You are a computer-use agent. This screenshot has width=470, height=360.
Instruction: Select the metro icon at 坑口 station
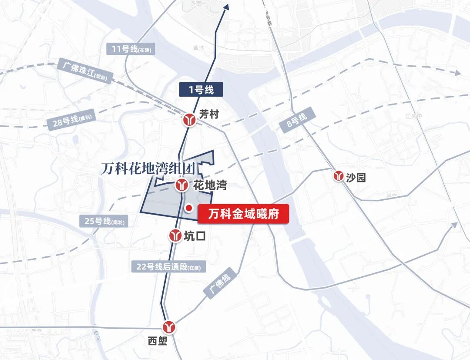click(175, 236)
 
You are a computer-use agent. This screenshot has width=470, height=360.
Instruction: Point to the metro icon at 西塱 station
click(169, 326)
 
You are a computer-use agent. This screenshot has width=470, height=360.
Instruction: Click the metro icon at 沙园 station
click(339, 176)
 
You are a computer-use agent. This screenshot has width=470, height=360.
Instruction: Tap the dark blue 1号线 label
click(201, 90)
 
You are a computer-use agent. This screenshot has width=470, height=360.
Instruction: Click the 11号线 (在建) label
click(130, 49)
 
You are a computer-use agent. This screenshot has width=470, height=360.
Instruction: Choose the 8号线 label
click(296, 118)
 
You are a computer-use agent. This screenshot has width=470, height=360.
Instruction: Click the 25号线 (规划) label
click(104, 221)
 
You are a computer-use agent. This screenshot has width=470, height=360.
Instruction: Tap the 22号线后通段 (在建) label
click(168, 267)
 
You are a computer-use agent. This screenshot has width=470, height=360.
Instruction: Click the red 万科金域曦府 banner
click(243, 215)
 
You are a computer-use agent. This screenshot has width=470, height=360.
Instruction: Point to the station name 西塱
click(158, 341)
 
